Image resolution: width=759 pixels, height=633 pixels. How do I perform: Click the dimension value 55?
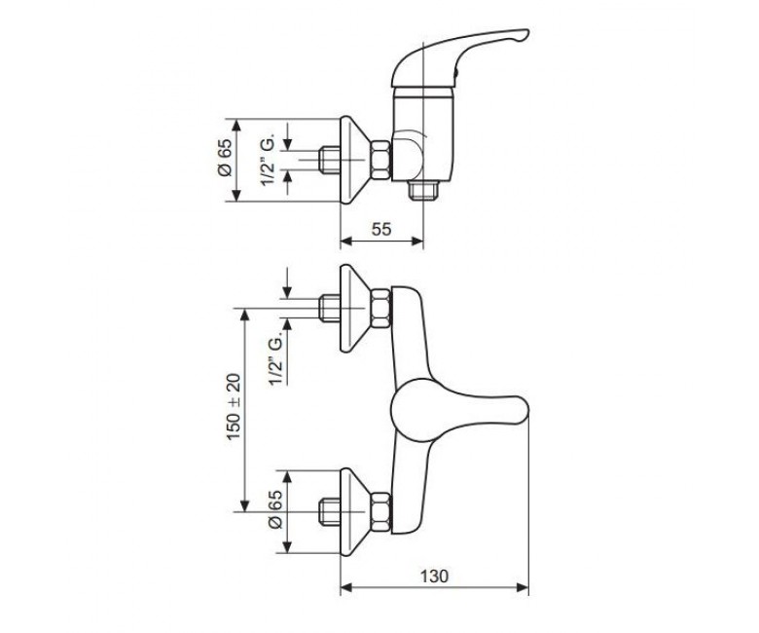(381, 229)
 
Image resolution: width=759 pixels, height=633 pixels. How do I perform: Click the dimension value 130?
(434, 577)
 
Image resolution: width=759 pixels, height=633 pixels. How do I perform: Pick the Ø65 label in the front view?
(275, 509)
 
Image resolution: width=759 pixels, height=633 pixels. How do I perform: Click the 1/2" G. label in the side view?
(268, 160)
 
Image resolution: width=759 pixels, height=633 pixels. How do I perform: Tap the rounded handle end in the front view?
(522, 410)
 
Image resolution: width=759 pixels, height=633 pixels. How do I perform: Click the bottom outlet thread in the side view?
(423, 190)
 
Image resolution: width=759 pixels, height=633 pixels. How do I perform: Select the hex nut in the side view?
(380, 161)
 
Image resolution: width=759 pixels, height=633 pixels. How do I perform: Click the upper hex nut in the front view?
(380, 308)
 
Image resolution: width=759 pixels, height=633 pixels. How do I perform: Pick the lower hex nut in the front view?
(380, 512)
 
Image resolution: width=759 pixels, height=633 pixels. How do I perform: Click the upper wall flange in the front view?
(355, 308)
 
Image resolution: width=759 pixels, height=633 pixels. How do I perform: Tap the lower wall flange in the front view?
(355, 511)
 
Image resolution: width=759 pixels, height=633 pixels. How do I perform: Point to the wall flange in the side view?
(355, 160)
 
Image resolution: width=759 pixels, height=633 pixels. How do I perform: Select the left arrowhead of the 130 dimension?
(345, 588)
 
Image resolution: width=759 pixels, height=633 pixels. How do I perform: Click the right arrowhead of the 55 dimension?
(418, 241)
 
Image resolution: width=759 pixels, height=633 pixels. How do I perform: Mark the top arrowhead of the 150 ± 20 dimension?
(244, 314)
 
